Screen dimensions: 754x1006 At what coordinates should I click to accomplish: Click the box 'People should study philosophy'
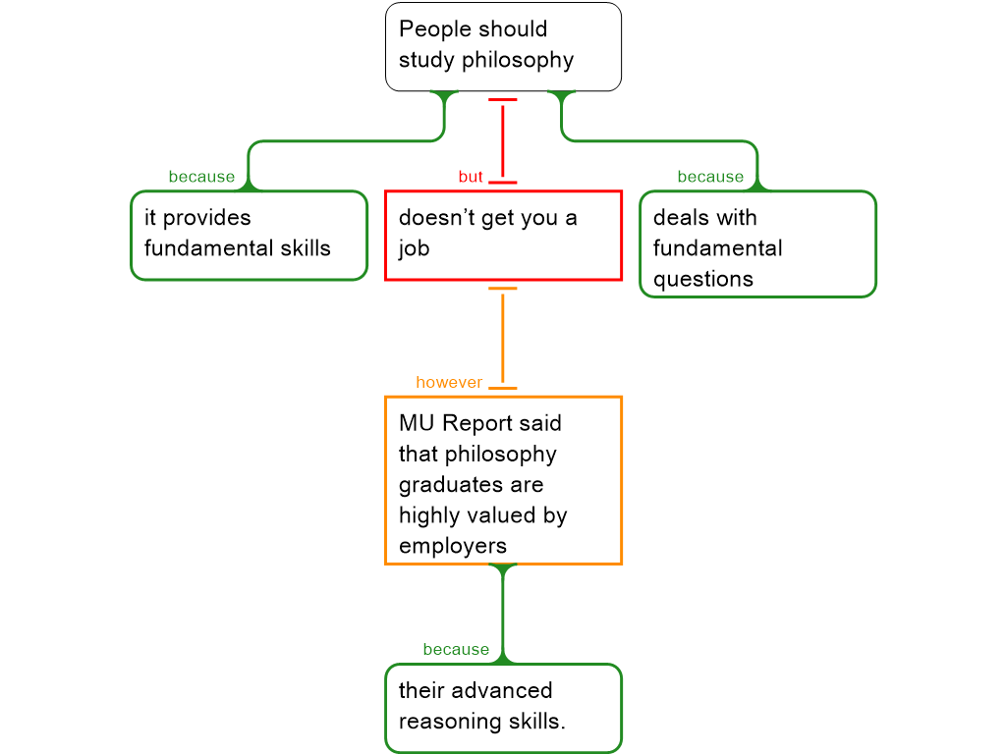pos(503,46)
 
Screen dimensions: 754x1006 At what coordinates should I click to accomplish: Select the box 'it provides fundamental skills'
pos(249,235)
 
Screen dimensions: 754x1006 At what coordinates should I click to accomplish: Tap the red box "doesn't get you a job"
pos(503,236)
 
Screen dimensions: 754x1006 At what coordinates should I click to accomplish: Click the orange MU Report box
pos(503,480)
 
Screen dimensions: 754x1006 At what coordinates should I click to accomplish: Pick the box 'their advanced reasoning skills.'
pos(503,708)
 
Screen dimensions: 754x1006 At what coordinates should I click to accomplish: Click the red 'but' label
pos(471,177)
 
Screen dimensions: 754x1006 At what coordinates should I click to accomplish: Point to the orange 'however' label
pos(449,382)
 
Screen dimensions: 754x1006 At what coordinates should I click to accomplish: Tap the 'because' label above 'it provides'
pos(201,177)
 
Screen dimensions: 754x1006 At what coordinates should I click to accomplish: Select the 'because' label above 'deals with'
pos(710,177)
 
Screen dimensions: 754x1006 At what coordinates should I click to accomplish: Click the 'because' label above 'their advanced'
pos(456,650)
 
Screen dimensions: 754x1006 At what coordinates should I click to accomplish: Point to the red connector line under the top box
pos(503,140)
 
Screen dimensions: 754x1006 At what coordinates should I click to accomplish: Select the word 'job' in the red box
pos(414,248)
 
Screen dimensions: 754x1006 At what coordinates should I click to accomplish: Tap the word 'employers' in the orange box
pos(453,546)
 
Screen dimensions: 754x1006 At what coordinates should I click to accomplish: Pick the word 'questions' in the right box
pos(702,279)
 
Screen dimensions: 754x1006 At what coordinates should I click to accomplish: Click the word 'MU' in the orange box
pos(417,423)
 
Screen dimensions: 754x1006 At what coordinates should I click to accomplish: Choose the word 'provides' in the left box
pos(206,218)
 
